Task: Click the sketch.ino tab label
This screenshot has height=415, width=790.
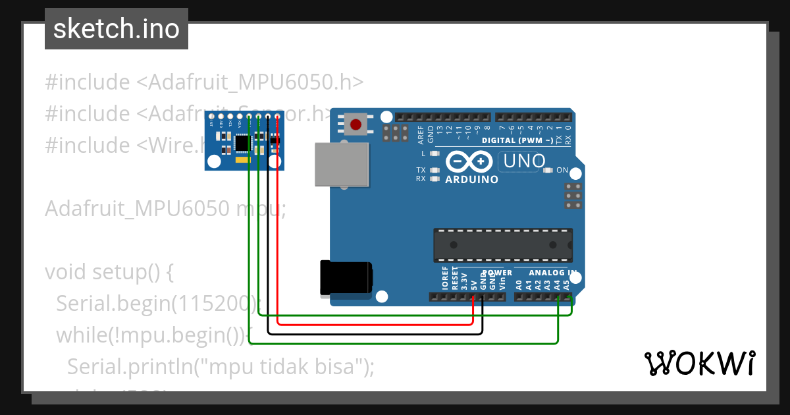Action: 116,29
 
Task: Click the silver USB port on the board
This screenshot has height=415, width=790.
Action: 342,164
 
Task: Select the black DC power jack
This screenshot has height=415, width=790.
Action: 345,277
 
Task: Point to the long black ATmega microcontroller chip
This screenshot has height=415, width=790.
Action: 502,244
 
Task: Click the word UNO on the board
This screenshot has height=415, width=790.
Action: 523,161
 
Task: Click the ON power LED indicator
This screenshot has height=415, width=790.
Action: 548,170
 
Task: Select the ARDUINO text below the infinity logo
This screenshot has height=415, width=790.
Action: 471,179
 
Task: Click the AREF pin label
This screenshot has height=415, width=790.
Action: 421,134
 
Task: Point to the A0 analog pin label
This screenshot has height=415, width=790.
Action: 519,285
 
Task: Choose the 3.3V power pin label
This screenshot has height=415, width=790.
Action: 463,281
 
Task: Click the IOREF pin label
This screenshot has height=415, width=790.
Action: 445,279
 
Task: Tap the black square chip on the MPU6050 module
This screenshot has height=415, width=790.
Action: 242,142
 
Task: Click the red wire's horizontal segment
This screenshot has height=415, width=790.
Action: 375,324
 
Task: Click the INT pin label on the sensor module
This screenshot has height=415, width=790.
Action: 211,123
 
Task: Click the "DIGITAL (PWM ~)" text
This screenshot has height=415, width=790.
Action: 517,140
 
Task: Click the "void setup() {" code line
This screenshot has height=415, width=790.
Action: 109,271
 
